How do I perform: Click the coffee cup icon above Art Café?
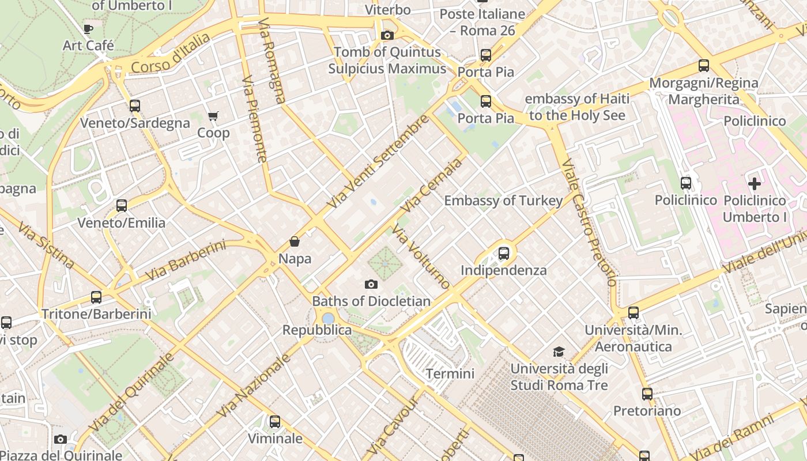coord(88,28)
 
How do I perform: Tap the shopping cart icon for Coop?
coord(213,116)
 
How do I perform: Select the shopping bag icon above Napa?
coord(295,241)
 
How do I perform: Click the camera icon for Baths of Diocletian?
coord(371,284)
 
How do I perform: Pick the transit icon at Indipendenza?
coord(504,253)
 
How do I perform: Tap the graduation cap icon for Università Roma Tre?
coord(559,352)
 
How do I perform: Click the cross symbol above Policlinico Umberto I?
coord(755,184)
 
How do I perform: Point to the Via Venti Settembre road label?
coord(378,162)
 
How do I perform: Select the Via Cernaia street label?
coord(433,185)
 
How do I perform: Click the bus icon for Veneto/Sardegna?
coord(135,106)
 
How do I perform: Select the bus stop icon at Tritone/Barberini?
coord(96,297)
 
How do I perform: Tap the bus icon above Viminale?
coord(275,422)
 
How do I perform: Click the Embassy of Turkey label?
coord(503,201)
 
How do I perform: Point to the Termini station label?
coord(450,373)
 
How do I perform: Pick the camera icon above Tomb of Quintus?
coord(387,35)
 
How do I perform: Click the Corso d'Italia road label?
coord(171,54)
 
